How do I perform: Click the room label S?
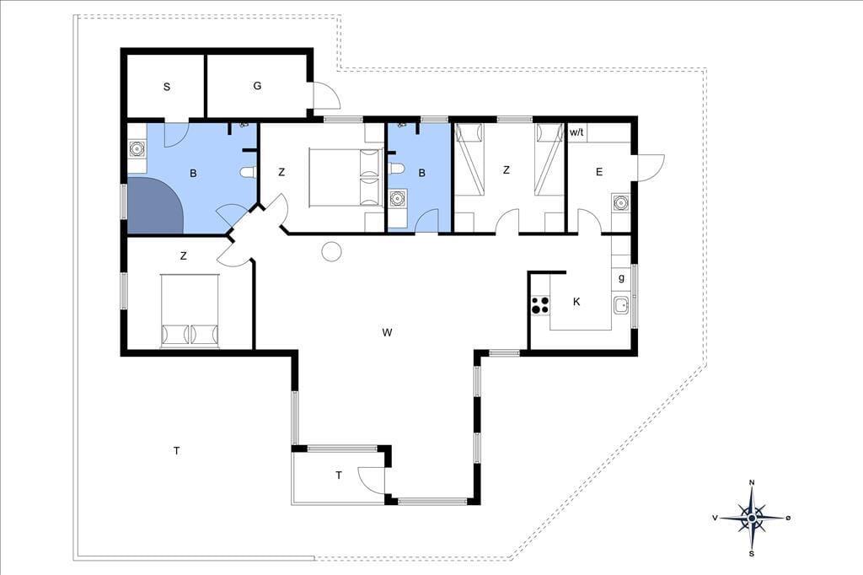[167, 87]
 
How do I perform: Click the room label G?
[257, 85]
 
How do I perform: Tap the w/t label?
[576, 132]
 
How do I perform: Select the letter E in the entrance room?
[599, 172]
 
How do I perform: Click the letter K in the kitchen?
[576, 301]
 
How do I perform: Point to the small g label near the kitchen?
[621, 278]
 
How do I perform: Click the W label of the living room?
[387, 332]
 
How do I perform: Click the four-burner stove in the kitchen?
[540, 305]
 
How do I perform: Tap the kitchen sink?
[621, 305]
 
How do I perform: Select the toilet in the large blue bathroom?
[249, 172]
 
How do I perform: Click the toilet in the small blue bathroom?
[396, 168]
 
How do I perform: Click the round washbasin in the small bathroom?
[398, 198]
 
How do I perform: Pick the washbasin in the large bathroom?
[137, 149]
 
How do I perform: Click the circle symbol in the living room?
[332, 251]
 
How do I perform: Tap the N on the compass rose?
[752, 483]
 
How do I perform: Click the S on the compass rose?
[751, 554]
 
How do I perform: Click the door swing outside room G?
[327, 95]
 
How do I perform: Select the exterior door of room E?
[651, 168]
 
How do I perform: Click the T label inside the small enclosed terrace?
[339, 475]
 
